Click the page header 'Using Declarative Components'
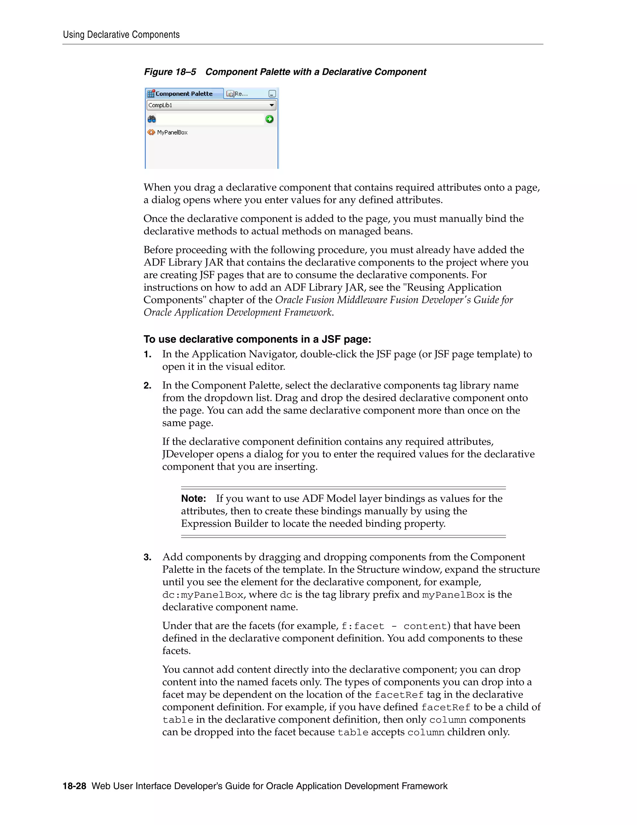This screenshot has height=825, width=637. (x=121, y=35)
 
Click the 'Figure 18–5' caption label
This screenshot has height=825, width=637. (x=170, y=72)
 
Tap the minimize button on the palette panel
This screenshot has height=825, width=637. (x=272, y=94)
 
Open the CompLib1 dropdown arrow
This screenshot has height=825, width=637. (x=271, y=106)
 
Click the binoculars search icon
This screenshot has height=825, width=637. (x=152, y=119)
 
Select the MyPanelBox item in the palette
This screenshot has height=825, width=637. (x=172, y=133)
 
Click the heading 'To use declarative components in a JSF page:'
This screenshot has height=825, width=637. (x=257, y=339)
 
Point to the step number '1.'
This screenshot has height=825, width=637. (x=147, y=354)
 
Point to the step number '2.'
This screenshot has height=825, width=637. (x=147, y=386)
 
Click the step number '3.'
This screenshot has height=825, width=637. (x=147, y=557)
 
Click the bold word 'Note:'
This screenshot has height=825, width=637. (x=193, y=499)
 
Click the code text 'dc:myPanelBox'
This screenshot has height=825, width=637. (x=203, y=595)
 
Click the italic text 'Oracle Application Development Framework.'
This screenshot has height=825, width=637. (x=239, y=312)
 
